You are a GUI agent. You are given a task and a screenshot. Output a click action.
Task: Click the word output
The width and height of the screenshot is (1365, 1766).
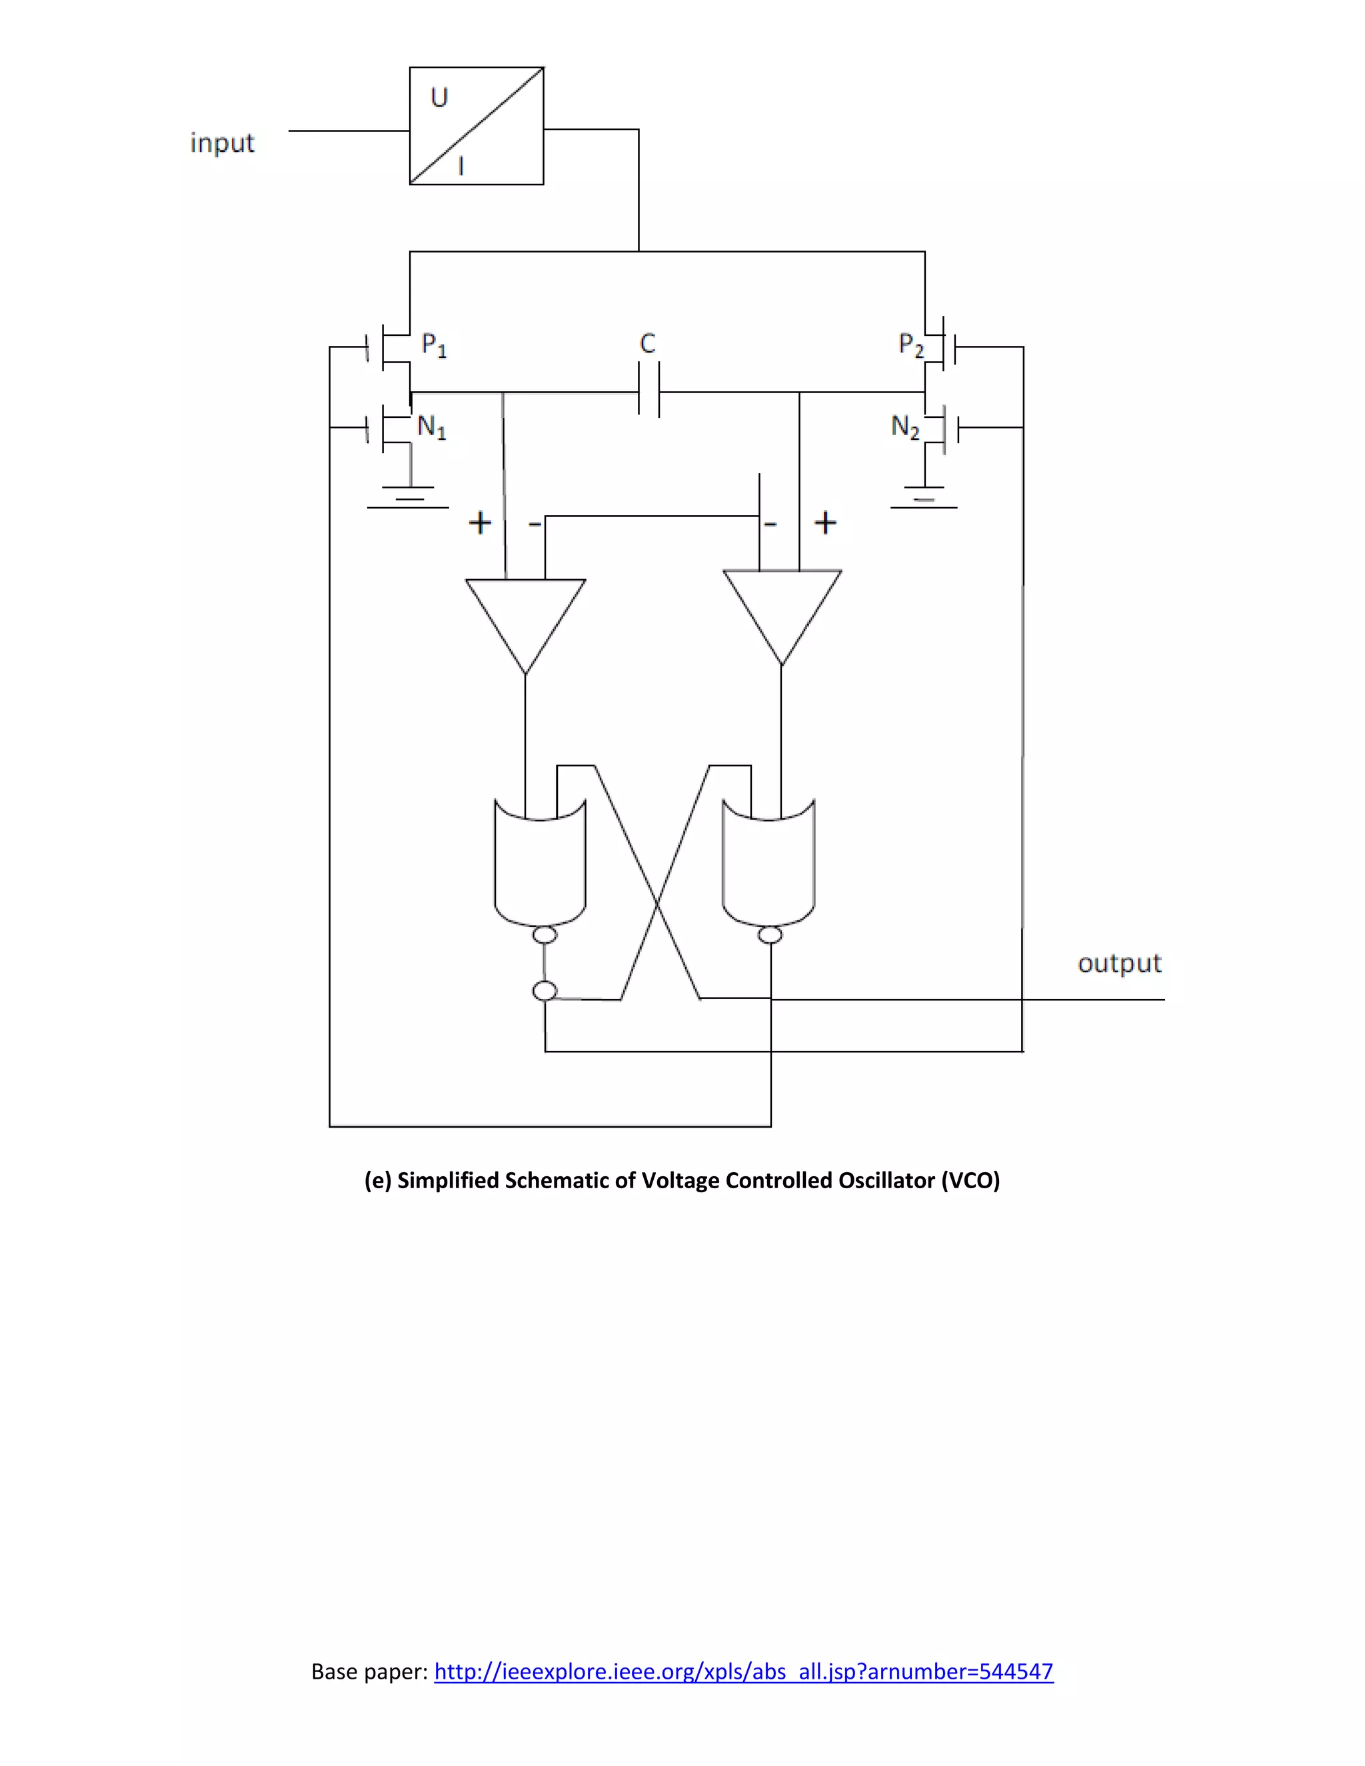pyautogui.click(x=1119, y=963)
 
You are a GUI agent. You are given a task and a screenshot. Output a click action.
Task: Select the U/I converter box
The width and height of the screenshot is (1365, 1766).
pyautogui.click(x=477, y=126)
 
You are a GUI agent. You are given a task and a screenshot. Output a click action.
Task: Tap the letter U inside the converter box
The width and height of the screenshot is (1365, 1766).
pyautogui.click(x=439, y=98)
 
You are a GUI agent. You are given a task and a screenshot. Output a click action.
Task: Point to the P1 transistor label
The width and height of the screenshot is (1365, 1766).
pyautogui.click(x=433, y=345)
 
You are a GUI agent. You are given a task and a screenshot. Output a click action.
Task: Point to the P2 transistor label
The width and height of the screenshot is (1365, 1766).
pyautogui.click(x=910, y=345)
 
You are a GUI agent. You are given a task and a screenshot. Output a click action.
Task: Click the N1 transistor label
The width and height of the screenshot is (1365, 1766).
pyautogui.click(x=431, y=427)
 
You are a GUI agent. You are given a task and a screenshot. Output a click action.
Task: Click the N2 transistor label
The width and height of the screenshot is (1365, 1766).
pyautogui.click(x=905, y=427)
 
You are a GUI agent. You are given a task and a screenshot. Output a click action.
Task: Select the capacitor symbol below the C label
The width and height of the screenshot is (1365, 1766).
pyautogui.click(x=649, y=391)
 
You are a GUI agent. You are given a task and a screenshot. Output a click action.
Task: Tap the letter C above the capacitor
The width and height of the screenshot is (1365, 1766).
pyautogui.click(x=647, y=344)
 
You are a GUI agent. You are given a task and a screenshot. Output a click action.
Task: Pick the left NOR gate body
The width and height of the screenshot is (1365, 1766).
pyautogui.click(x=540, y=865)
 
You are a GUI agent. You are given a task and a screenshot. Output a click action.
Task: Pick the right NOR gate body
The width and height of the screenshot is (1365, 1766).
pyautogui.click(x=768, y=865)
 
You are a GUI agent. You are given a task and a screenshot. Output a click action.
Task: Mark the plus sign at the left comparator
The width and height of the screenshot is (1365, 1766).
pyautogui.click(x=479, y=522)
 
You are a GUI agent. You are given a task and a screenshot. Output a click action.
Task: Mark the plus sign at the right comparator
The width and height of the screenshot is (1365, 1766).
pyautogui.click(x=825, y=522)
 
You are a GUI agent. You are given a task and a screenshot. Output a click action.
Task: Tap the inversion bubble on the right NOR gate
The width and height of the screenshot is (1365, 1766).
pyautogui.click(x=770, y=936)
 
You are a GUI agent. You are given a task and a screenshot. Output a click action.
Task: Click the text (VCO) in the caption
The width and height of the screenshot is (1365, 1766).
pyautogui.click(x=970, y=1182)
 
